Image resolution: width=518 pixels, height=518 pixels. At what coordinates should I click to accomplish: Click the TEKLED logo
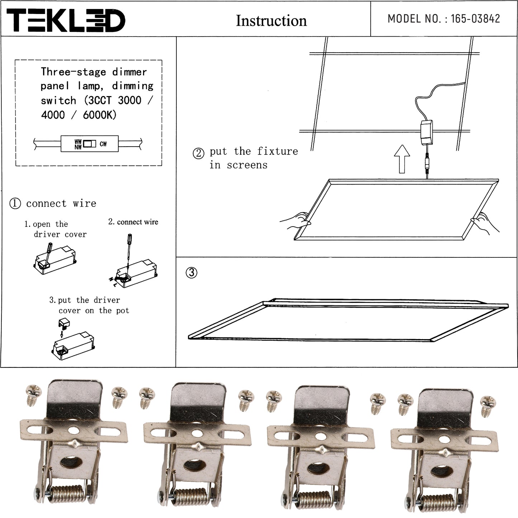pyautogui.click(x=66, y=20)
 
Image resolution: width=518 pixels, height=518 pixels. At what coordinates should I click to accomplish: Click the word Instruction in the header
pyautogui.click(x=271, y=21)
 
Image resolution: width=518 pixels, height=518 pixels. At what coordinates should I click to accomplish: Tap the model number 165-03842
pyautogui.click(x=475, y=19)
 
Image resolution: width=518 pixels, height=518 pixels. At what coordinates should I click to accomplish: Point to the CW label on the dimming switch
pyautogui.click(x=103, y=144)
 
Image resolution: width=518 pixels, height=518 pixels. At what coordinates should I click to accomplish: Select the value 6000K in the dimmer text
pyautogui.click(x=99, y=115)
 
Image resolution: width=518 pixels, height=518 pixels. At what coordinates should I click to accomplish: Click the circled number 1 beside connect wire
pyautogui.click(x=15, y=203)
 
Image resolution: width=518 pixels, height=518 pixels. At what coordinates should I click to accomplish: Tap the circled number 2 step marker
pyautogui.click(x=198, y=153)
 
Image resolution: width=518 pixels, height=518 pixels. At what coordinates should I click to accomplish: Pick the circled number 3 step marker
pyautogui.click(x=191, y=272)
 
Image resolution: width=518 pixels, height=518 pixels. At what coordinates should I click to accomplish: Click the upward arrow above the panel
pyautogui.click(x=402, y=159)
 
